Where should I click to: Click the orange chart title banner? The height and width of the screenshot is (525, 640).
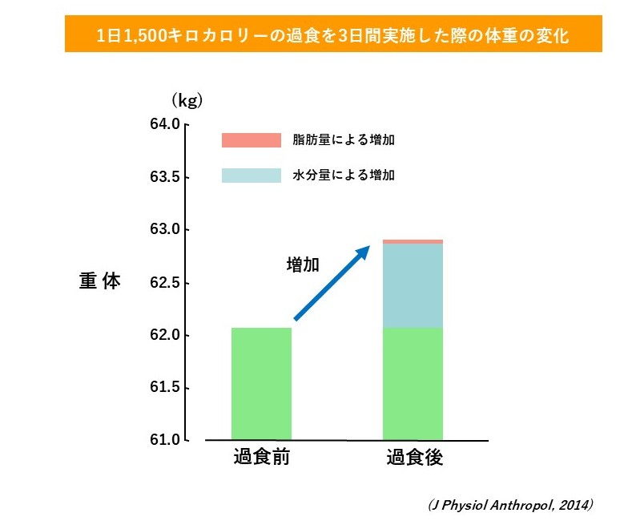(x=332, y=35)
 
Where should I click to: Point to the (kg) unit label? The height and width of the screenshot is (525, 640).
(x=186, y=100)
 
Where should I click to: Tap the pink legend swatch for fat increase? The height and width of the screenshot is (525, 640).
(x=252, y=140)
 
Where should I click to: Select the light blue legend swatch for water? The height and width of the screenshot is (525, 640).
(x=252, y=175)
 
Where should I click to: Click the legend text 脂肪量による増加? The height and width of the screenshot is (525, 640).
(x=343, y=140)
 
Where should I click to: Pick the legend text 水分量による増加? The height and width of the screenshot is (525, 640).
(x=343, y=175)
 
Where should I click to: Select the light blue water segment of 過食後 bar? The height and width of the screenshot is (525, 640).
(x=413, y=285)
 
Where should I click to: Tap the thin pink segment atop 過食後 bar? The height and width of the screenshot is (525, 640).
(x=413, y=241)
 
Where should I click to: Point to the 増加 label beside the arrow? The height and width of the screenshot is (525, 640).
(x=303, y=265)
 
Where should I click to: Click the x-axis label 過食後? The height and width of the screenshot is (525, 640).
(x=414, y=458)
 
